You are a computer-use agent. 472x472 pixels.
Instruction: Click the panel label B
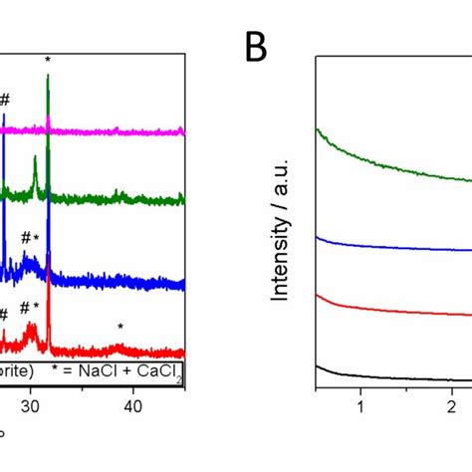(257, 47)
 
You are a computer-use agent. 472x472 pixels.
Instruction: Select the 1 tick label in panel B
(360, 407)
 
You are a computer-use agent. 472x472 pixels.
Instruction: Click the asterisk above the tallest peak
(48, 62)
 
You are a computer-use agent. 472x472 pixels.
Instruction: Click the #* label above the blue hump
(30, 238)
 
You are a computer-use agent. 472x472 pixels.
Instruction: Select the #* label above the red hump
(30, 308)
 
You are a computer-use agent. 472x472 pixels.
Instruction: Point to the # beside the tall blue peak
(5, 100)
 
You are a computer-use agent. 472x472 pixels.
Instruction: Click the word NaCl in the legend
(112, 371)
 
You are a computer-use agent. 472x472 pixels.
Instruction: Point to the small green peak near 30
(35, 159)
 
